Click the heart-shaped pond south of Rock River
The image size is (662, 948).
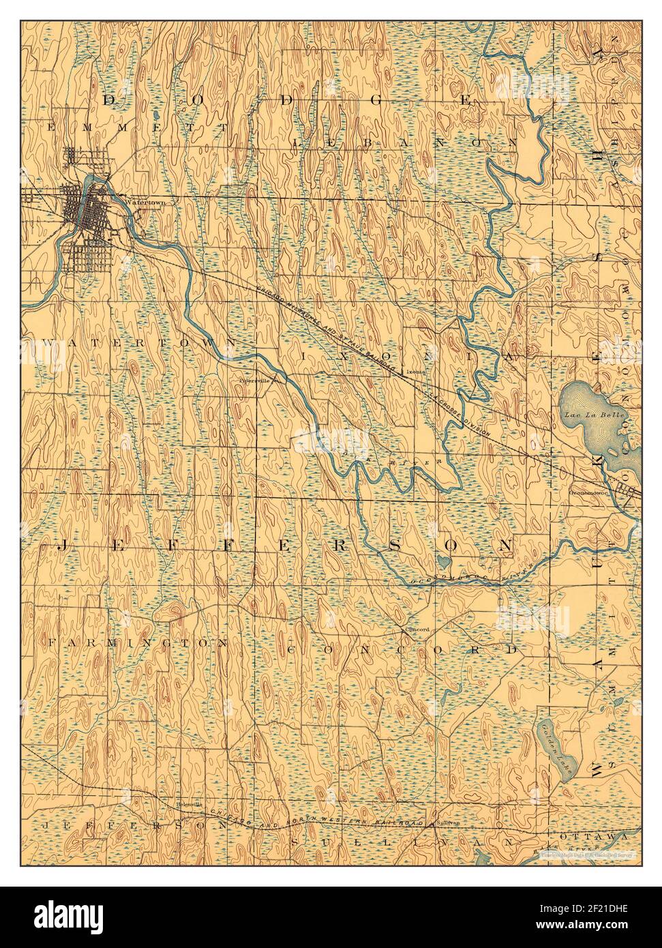point(443,562)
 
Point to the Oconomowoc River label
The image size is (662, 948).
point(470,575)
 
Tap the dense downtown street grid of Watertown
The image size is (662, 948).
point(80,207)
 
